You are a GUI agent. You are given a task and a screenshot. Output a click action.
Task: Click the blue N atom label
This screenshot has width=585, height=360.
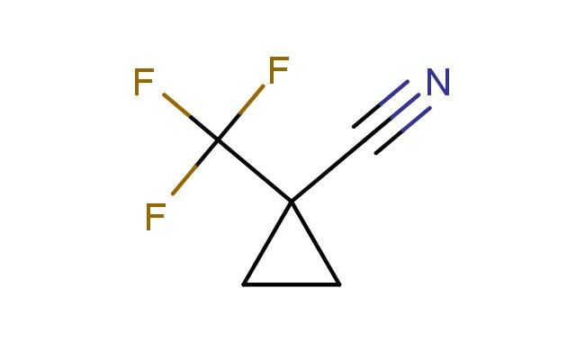pos(437,84)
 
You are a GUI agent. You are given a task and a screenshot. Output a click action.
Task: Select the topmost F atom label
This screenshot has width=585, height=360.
pos(278,69)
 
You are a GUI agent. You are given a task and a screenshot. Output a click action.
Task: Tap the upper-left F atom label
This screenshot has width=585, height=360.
pos(143,83)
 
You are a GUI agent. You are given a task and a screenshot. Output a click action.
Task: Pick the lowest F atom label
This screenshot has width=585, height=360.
pos(155,217)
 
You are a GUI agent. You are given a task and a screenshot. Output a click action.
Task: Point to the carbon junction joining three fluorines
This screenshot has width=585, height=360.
pos(217,140)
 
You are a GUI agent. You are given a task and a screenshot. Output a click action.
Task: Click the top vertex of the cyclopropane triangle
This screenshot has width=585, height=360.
pos(292,201)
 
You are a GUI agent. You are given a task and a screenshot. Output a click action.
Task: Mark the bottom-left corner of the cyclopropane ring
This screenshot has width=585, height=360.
pos(243,284)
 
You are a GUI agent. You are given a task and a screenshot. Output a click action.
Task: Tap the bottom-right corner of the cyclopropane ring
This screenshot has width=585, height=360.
pos(340,284)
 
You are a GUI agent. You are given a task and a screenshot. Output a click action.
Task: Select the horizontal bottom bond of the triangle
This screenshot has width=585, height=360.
pos(292,284)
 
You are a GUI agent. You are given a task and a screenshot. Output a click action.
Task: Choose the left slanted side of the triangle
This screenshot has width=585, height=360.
pos(267,243)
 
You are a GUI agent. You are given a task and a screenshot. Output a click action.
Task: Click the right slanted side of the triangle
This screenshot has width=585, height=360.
pos(316,243)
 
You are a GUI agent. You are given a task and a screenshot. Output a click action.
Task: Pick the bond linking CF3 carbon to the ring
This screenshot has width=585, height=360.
pos(254,170)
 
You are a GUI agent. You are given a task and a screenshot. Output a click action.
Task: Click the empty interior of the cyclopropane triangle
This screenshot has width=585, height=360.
pos(292,261)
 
